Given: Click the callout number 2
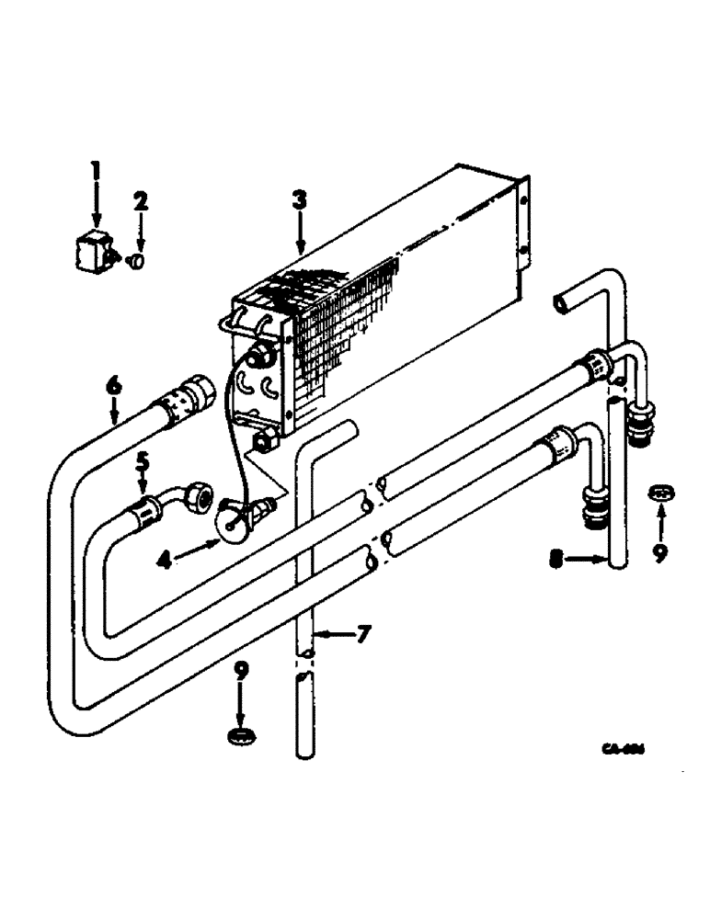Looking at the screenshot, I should (x=140, y=200).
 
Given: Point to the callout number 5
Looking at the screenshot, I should (x=143, y=460).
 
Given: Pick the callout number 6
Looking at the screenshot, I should (x=112, y=387).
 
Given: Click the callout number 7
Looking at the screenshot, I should (x=363, y=633).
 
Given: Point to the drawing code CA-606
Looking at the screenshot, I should (x=622, y=749).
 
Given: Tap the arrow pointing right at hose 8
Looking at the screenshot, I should (x=586, y=558).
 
